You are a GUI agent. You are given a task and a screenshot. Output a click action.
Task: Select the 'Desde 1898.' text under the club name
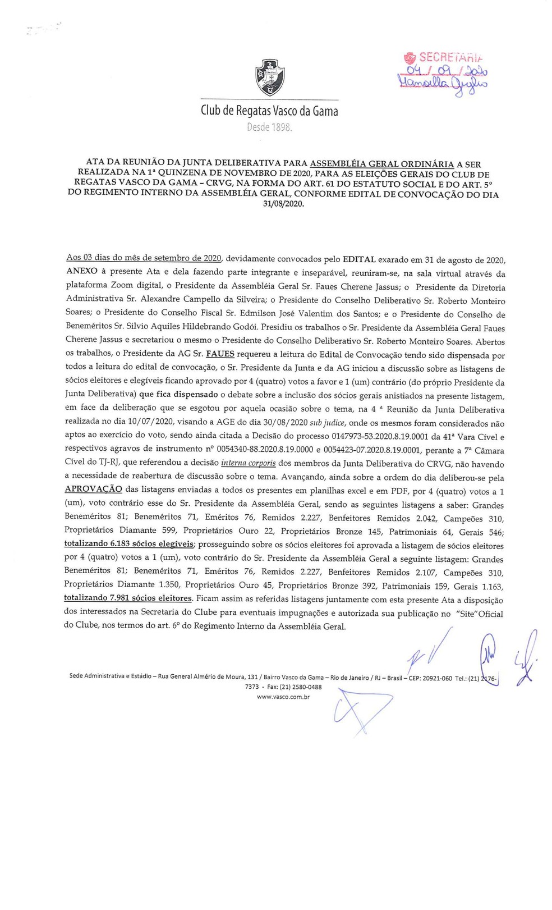(x=270, y=127)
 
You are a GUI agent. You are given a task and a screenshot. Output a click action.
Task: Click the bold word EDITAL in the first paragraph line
(x=359, y=260)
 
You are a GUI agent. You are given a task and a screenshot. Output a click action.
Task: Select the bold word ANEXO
(x=81, y=273)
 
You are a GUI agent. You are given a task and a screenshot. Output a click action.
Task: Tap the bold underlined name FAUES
(x=222, y=355)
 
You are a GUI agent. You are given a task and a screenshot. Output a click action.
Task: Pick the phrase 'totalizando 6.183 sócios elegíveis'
(x=129, y=544)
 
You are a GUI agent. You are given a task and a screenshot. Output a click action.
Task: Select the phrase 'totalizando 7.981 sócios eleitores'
(x=128, y=598)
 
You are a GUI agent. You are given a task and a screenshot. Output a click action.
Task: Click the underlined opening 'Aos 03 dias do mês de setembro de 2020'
(x=144, y=259)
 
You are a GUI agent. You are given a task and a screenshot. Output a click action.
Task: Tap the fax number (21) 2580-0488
(x=303, y=687)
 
